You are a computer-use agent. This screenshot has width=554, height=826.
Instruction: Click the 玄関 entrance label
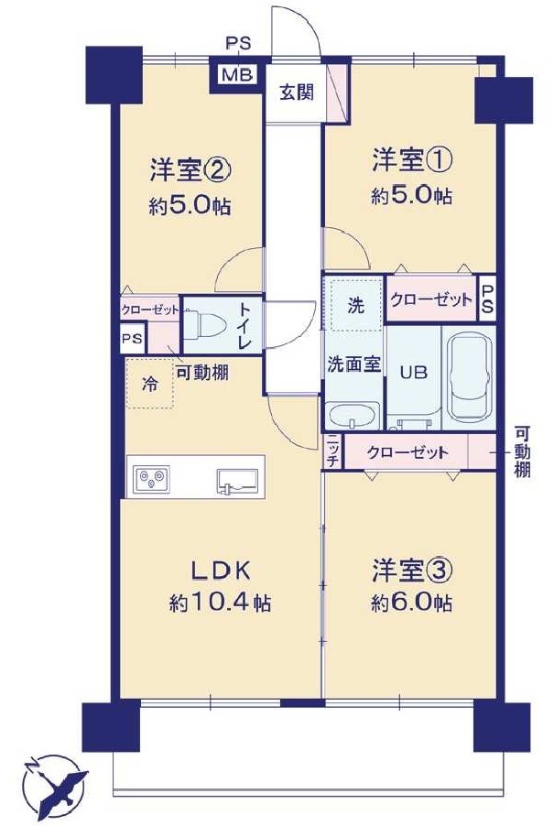pyautogui.click(x=297, y=92)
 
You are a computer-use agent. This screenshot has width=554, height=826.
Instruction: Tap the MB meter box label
pyautogui.click(x=237, y=75)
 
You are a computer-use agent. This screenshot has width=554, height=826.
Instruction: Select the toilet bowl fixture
pyautogui.click(x=205, y=326)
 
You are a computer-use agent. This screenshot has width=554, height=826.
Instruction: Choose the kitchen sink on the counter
pyautogui.click(x=238, y=482)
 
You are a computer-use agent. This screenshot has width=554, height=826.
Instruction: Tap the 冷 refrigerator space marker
pyautogui.click(x=149, y=383)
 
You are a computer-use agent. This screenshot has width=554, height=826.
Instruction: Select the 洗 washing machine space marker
pyautogui.click(x=355, y=305)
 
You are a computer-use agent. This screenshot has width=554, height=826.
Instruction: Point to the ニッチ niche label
pyautogui.click(x=333, y=452)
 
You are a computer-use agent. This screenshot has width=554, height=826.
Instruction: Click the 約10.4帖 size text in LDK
pyautogui.click(x=221, y=603)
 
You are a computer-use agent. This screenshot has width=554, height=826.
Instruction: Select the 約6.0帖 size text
pyautogui.click(x=411, y=603)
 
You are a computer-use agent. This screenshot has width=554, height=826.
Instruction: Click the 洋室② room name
pyautogui.click(x=190, y=170)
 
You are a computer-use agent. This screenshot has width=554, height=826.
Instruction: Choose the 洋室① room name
pyautogui.click(x=411, y=160)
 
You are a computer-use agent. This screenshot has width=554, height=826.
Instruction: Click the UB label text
pyautogui.click(x=413, y=373)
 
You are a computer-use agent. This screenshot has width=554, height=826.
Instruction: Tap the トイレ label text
pyautogui.click(x=245, y=327)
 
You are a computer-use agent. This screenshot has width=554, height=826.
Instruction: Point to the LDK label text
pyautogui.click(x=220, y=571)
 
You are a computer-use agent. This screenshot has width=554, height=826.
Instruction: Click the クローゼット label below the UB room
pyautogui.click(x=407, y=452)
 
